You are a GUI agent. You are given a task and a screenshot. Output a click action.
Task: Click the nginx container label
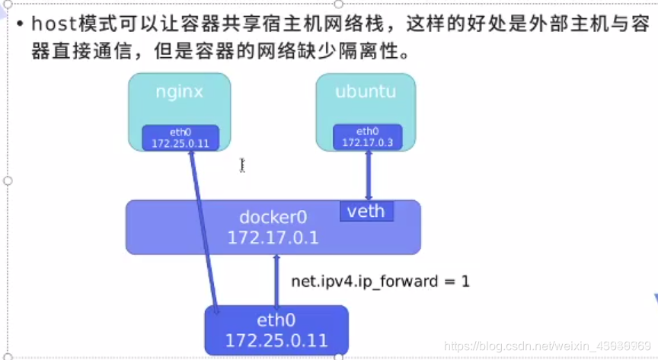179,92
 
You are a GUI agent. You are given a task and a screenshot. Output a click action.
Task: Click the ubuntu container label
366,92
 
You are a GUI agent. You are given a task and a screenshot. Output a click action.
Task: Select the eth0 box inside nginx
180,138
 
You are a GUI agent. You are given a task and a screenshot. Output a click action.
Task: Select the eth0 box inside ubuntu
367,136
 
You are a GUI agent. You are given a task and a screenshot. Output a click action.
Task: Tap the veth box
366,212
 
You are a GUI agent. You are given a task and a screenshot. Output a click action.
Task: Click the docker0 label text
273,217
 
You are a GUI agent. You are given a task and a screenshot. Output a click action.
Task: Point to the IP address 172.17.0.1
273,238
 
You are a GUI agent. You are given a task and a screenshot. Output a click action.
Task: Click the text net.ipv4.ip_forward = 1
380,281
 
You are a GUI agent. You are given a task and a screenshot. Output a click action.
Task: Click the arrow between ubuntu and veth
369,175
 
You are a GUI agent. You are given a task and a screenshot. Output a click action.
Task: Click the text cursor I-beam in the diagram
242,164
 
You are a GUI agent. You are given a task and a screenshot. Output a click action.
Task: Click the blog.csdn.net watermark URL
546,347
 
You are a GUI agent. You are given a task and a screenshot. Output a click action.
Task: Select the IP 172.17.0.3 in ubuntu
367,142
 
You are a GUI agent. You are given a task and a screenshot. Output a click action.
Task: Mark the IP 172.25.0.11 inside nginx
180,143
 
